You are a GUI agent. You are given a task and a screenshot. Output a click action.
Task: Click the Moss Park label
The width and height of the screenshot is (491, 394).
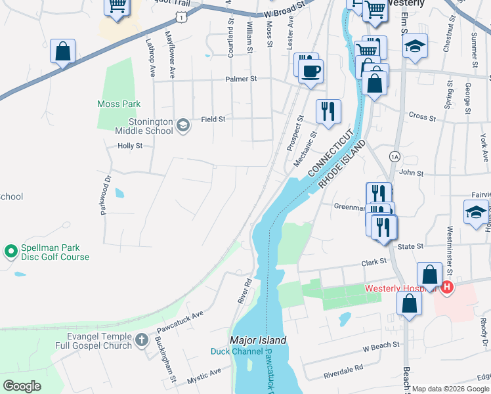(x=119, y=104)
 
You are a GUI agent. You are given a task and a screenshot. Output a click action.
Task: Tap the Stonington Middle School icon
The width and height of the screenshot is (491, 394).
(x=183, y=125)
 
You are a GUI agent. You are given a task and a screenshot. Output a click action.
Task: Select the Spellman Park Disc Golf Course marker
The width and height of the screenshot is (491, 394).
(x=11, y=251)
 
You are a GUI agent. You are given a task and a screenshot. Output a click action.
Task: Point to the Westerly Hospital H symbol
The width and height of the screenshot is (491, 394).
(x=447, y=288)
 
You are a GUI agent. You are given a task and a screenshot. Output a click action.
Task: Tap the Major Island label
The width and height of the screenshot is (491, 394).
(x=258, y=340)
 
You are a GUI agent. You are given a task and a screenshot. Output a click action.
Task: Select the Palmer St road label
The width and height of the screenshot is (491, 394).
(x=240, y=79)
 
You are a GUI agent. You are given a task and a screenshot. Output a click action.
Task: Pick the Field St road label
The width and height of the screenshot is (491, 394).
(x=213, y=119)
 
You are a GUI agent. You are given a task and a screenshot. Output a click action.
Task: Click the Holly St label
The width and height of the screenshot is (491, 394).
(x=129, y=146)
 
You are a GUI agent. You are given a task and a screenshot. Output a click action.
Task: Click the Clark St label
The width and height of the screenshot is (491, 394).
(x=374, y=262)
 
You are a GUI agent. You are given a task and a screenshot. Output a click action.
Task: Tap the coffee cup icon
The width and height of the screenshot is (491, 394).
(x=311, y=70)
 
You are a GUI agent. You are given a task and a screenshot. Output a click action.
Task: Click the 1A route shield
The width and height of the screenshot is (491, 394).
(x=394, y=156)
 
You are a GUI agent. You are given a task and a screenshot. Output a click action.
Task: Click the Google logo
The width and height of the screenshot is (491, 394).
(x=22, y=386)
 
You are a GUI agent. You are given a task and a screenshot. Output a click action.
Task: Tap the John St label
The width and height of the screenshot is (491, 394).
(x=411, y=173)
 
